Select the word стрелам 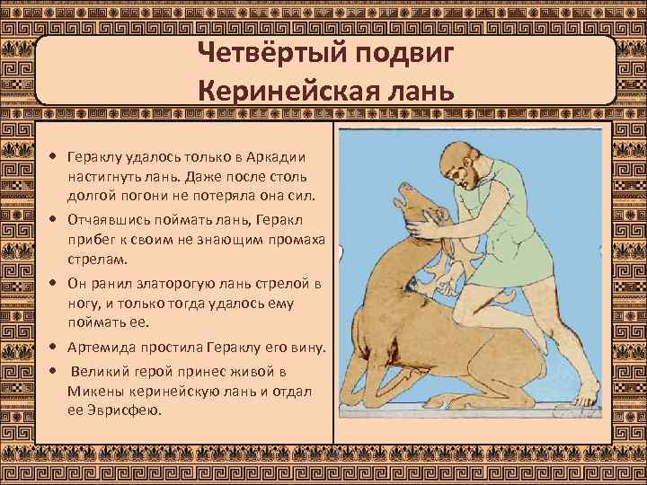tap(93, 260)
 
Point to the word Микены tap(93, 392)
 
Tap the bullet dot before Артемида tap(55, 348)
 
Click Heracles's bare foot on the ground tap(583, 390)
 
